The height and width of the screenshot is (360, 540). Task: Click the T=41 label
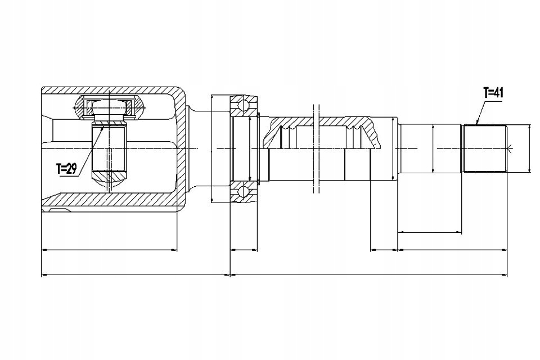click(493, 93)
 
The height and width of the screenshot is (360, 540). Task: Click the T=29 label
click(66, 168)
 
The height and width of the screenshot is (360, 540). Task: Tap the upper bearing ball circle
click(243, 105)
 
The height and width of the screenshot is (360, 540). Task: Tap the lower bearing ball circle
click(243, 192)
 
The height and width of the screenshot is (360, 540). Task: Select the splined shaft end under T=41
click(484, 148)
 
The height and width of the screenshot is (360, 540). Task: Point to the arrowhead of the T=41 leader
click(476, 123)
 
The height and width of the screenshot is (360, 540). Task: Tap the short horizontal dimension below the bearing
click(244, 249)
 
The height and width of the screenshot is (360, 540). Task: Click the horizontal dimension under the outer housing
click(110, 249)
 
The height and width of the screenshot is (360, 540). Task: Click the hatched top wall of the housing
click(112, 91)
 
